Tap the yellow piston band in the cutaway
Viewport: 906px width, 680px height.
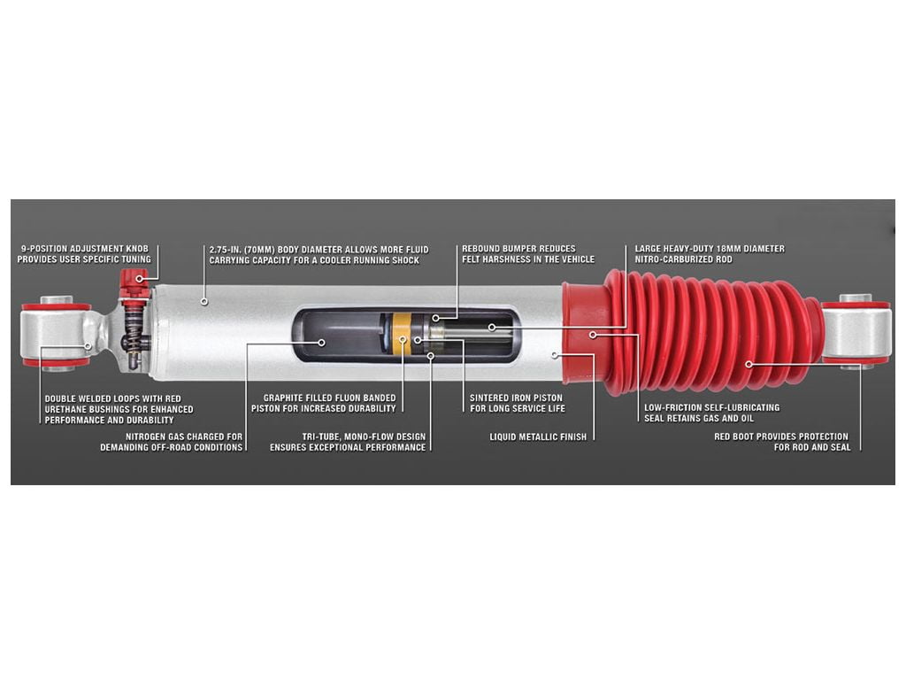pyautogui.click(x=401, y=336)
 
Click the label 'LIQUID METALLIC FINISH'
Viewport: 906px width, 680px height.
pyautogui.click(x=538, y=437)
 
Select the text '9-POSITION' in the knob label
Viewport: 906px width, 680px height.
pyautogui.click(x=43, y=249)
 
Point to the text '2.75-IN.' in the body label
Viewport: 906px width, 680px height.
pyautogui.click(x=226, y=250)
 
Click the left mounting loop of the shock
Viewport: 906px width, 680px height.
pyautogui.click(x=58, y=334)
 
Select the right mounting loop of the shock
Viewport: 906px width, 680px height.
pyautogui.click(x=856, y=332)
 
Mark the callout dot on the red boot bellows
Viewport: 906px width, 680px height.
pyautogui.click(x=749, y=364)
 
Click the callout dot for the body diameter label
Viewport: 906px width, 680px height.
pyautogui.click(x=204, y=301)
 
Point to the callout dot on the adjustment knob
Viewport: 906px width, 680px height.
pyautogui.click(x=139, y=279)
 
